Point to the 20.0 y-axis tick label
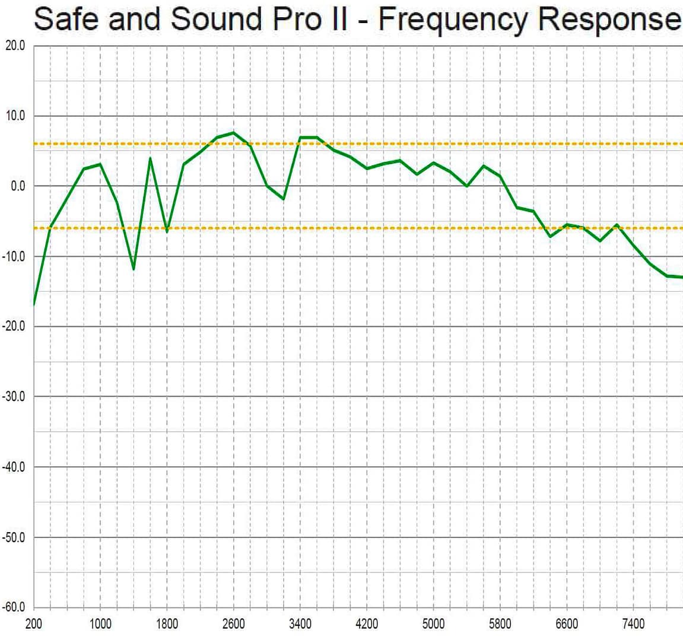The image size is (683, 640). [x=15, y=46]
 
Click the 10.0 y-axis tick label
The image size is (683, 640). [x=15, y=116]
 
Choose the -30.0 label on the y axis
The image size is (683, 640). [x=14, y=397]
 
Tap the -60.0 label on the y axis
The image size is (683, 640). [x=14, y=607]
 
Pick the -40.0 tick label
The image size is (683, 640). [x=14, y=467]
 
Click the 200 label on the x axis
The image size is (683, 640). [x=34, y=624]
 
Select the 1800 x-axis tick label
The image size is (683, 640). [x=167, y=624]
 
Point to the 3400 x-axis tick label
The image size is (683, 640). [x=300, y=624]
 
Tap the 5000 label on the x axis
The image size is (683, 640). [x=433, y=624]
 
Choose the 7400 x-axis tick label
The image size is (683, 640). [x=633, y=624]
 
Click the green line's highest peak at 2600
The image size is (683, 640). [x=233, y=133]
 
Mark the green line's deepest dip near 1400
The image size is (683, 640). [x=134, y=269]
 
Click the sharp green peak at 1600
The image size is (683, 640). [x=150, y=158]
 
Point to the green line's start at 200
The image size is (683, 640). [x=34, y=304]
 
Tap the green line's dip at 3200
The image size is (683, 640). [x=284, y=199]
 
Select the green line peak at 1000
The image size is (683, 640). [x=100, y=164]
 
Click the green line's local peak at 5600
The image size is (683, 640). [x=484, y=166]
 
